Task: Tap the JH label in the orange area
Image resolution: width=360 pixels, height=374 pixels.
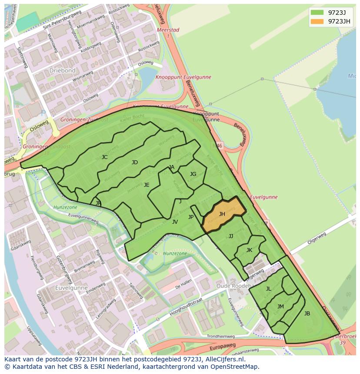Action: pyautogui.click(x=222, y=214)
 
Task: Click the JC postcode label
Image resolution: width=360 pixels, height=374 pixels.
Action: pyautogui.click(x=104, y=157)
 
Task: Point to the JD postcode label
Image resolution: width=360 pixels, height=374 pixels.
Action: pyautogui.click(x=135, y=162)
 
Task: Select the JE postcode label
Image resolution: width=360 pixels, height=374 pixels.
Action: pyautogui.click(x=147, y=185)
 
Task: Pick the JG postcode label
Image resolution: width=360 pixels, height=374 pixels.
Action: pyautogui.click(x=193, y=174)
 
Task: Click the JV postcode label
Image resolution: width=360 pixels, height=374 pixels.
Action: pyautogui.click(x=175, y=222)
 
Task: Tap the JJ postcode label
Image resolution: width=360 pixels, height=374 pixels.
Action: pyautogui.click(x=231, y=236)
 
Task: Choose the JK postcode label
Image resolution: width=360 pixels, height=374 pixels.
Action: pyautogui.click(x=249, y=250)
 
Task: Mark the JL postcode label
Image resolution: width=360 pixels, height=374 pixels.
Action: pyautogui.click(x=268, y=289)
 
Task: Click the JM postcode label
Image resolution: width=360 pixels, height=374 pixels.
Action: pyautogui.click(x=280, y=307)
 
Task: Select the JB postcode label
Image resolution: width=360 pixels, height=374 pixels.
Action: pyautogui.click(x=307, y=314)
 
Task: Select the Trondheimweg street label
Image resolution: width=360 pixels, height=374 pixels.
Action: pyautogui.click(x=220, y=336)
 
